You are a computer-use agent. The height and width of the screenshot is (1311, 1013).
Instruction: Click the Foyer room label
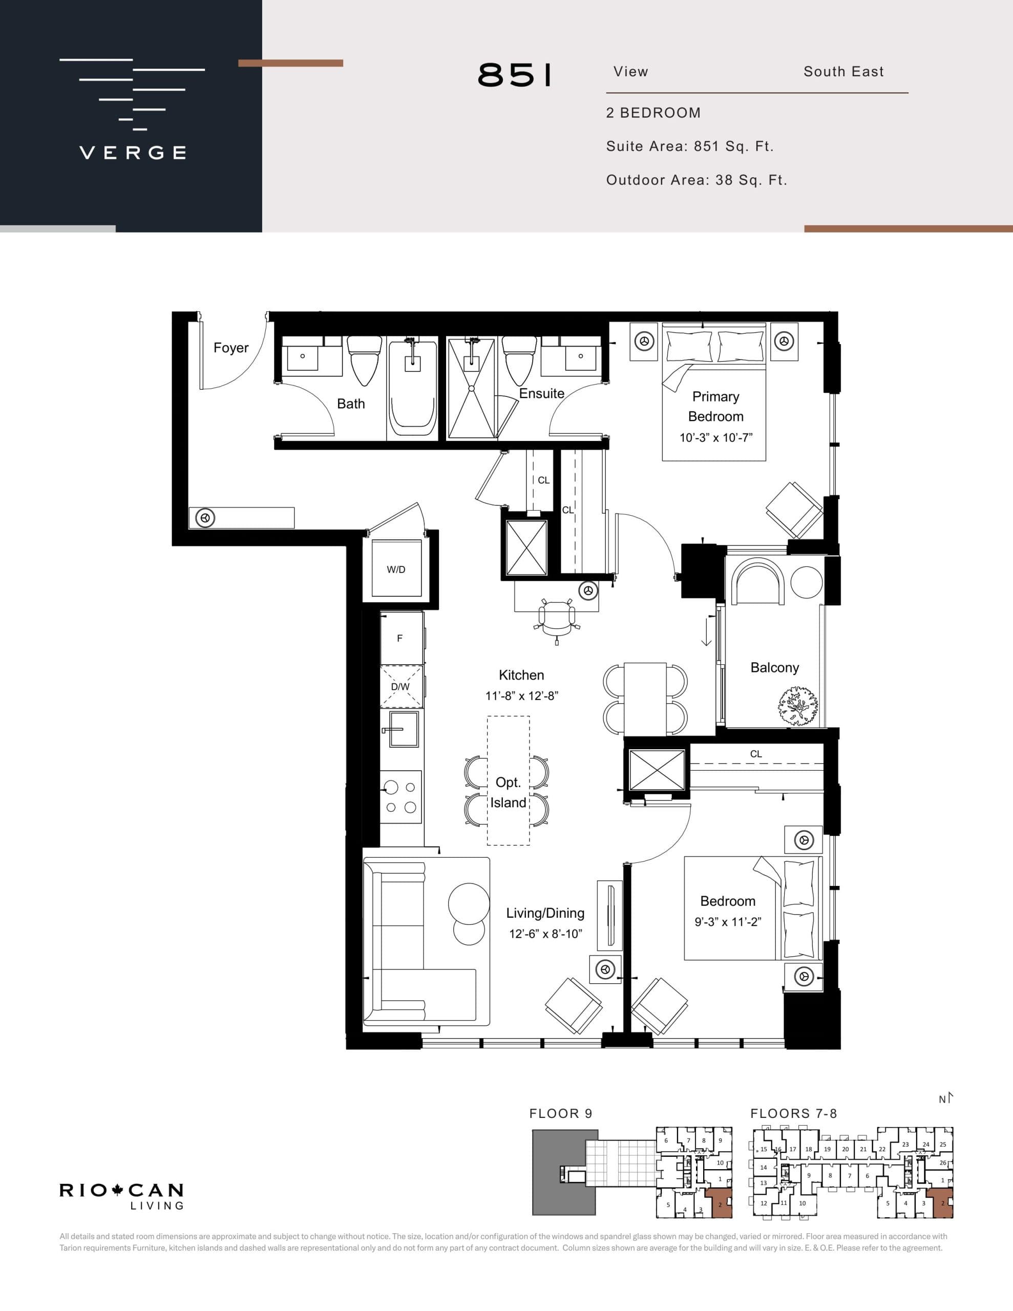(x=230, y=348)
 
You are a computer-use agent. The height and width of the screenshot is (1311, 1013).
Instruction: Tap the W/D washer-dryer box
(x=396, y=569)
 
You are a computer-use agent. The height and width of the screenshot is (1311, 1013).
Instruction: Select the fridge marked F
(x=400, y=638)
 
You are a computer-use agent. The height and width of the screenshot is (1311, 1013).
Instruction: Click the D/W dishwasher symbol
(x=400, y=687)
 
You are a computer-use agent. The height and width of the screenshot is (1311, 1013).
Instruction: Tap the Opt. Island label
(x=508, y=792)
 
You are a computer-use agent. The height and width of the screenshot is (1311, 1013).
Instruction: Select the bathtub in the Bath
(x=413, y=390)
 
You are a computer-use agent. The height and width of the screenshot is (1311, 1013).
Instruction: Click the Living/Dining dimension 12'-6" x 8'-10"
(x=545, y=934)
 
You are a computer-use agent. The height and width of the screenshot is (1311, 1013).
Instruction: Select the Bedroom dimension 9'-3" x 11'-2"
(x=728, y=922)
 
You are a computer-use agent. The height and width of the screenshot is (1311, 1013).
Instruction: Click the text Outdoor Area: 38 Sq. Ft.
(x=697, y=180)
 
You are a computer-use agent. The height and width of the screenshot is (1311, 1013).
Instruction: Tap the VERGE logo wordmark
(x=133, y=153)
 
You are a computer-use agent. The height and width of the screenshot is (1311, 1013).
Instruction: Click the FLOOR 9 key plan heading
(x=560, y=1113)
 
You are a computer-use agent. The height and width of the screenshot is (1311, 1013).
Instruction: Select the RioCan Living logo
(x=121, y=1196)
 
